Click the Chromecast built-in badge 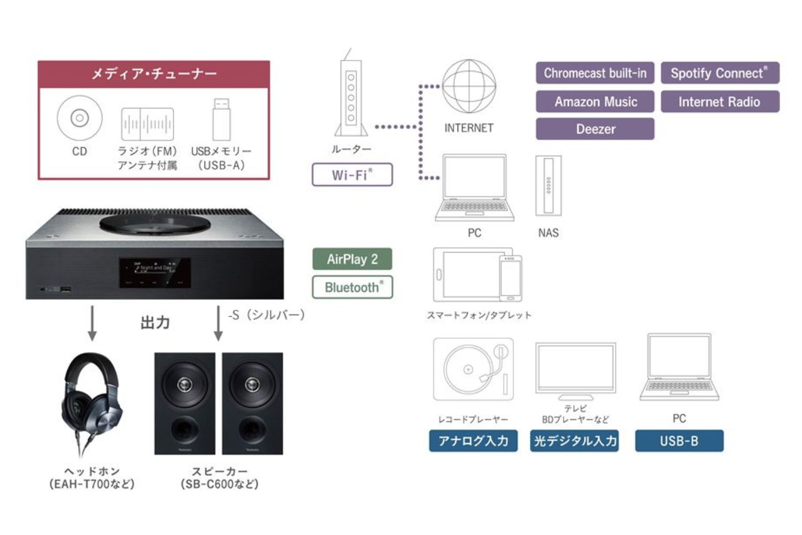click(x=595, y=73)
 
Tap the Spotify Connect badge click(x=720, y=73)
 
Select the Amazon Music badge click(x=595, y=102)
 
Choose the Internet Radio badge click(x=720, y=102)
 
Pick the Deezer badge click(x=595, y=129)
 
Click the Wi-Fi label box click(x=352, y=175)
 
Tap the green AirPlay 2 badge click(x=352, y=259)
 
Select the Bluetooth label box click(x=352, y=287)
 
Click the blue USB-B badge click(x=678, y=441)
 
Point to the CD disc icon click(x=80, y=118)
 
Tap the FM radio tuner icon click(x=147, y=124)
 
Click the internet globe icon click(x=468, y=87)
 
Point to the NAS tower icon click(x=548, y=186)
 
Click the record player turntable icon click(x=473, y=369)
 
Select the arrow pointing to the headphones click(x=92, y=323)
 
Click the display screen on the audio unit click(x=155, y=272)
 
